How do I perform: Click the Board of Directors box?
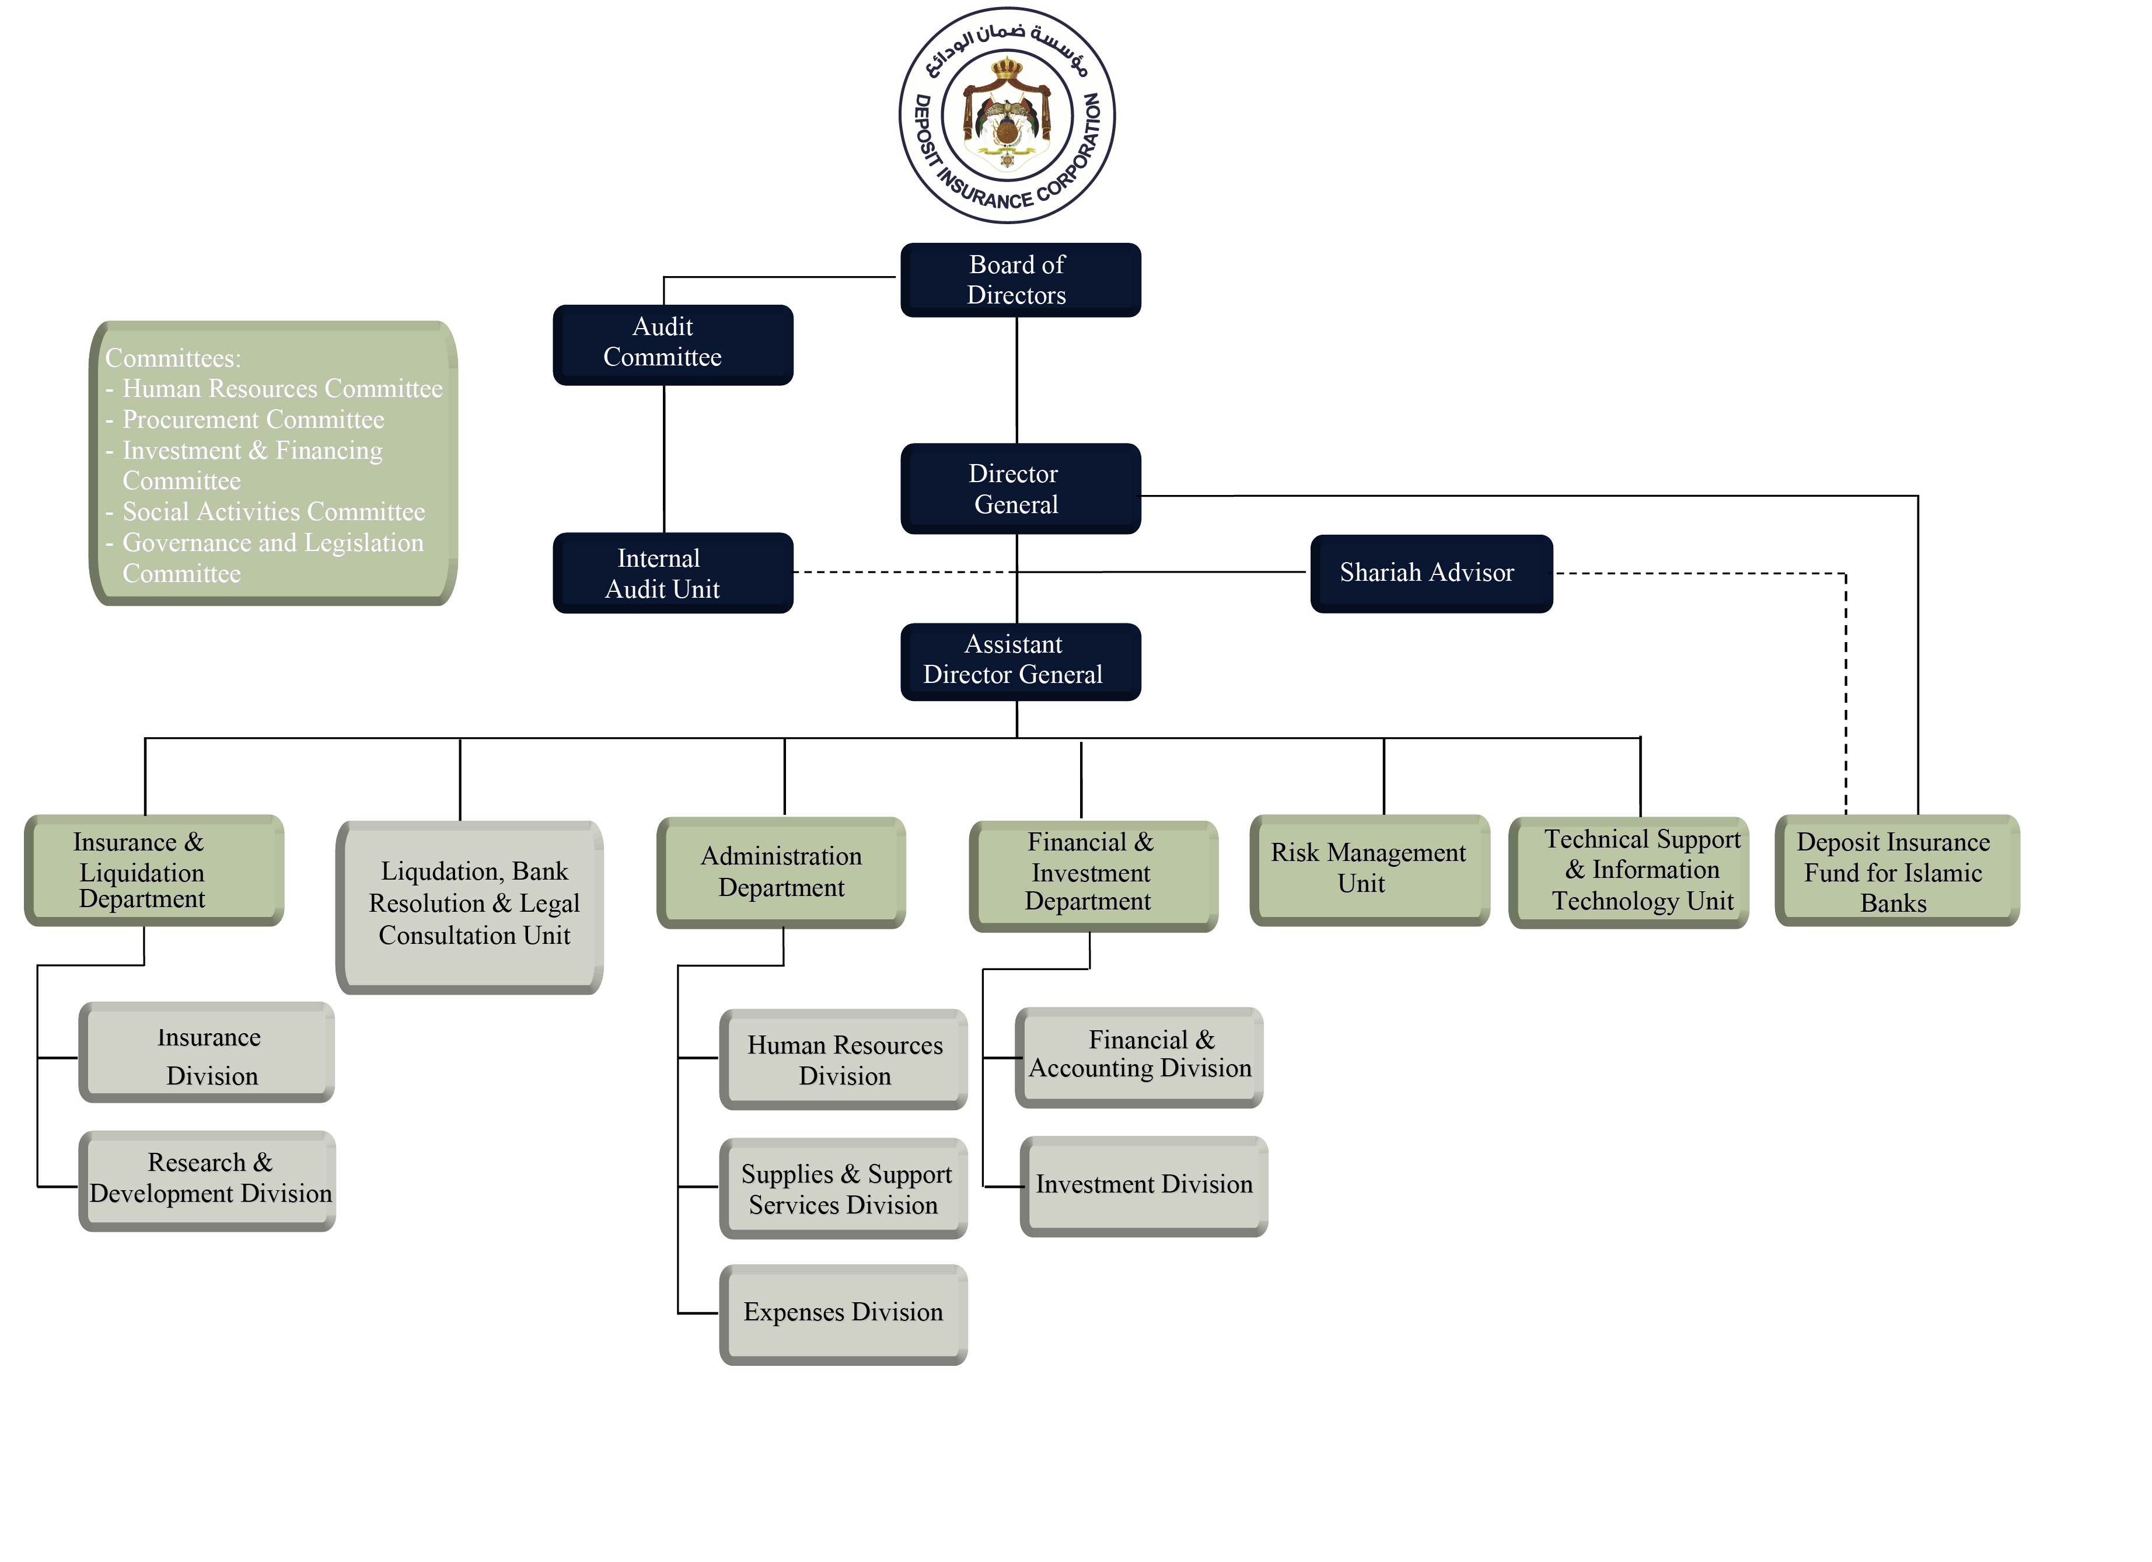click(x=1020, y=280)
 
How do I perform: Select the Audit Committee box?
click(x=673, y=344)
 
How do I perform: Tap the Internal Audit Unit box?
click(x=673, y=573)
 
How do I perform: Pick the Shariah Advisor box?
click(x=1431, y=573)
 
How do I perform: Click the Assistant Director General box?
click(x=1020, y=661)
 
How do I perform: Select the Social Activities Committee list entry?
click(x=273, y=512)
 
